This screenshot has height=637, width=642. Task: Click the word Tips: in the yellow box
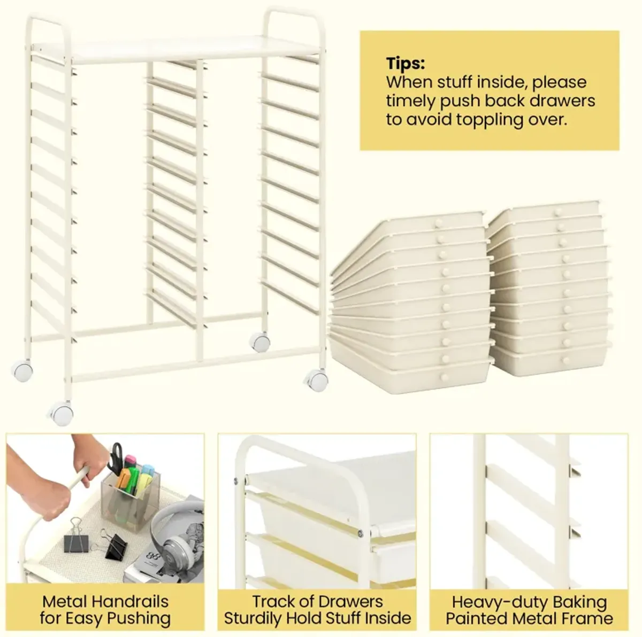(x=406, y=63)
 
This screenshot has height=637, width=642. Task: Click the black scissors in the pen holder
(x=116, y=459)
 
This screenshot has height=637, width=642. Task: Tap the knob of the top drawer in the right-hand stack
(x=557, y=212)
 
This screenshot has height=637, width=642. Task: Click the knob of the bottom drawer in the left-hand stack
(x=444, y=377)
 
